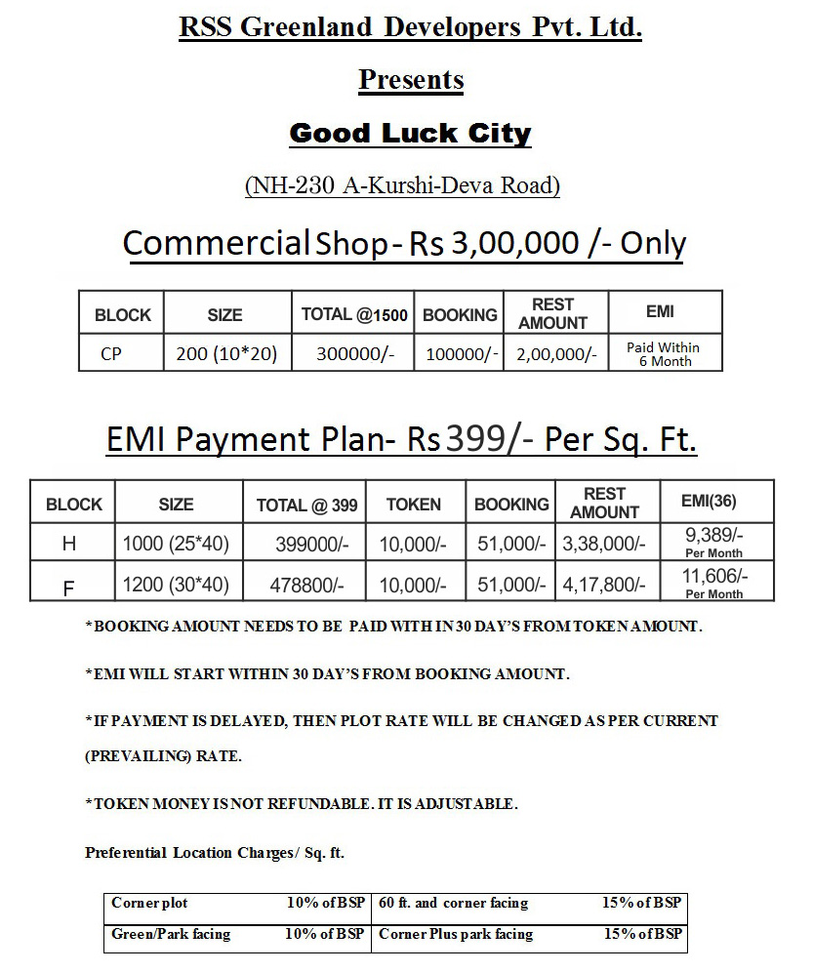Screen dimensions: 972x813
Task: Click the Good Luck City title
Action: coord(410,133)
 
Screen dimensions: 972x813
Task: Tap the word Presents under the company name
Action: coord(410,79)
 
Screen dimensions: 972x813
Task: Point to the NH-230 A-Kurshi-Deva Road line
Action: coord(402,185)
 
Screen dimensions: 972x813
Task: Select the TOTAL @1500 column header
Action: coord(354,314)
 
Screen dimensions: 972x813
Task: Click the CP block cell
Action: coord(111,354)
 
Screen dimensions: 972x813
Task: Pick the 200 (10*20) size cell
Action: coord(226,354)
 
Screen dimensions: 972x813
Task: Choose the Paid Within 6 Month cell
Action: coord(663,354)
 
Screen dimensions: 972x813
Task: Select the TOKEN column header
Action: coord(413,505)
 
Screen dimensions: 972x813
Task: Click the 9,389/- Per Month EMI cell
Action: coord(714,543)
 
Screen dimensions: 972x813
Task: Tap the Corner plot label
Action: coord(149,903)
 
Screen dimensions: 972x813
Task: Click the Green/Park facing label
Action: coord(171,934)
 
